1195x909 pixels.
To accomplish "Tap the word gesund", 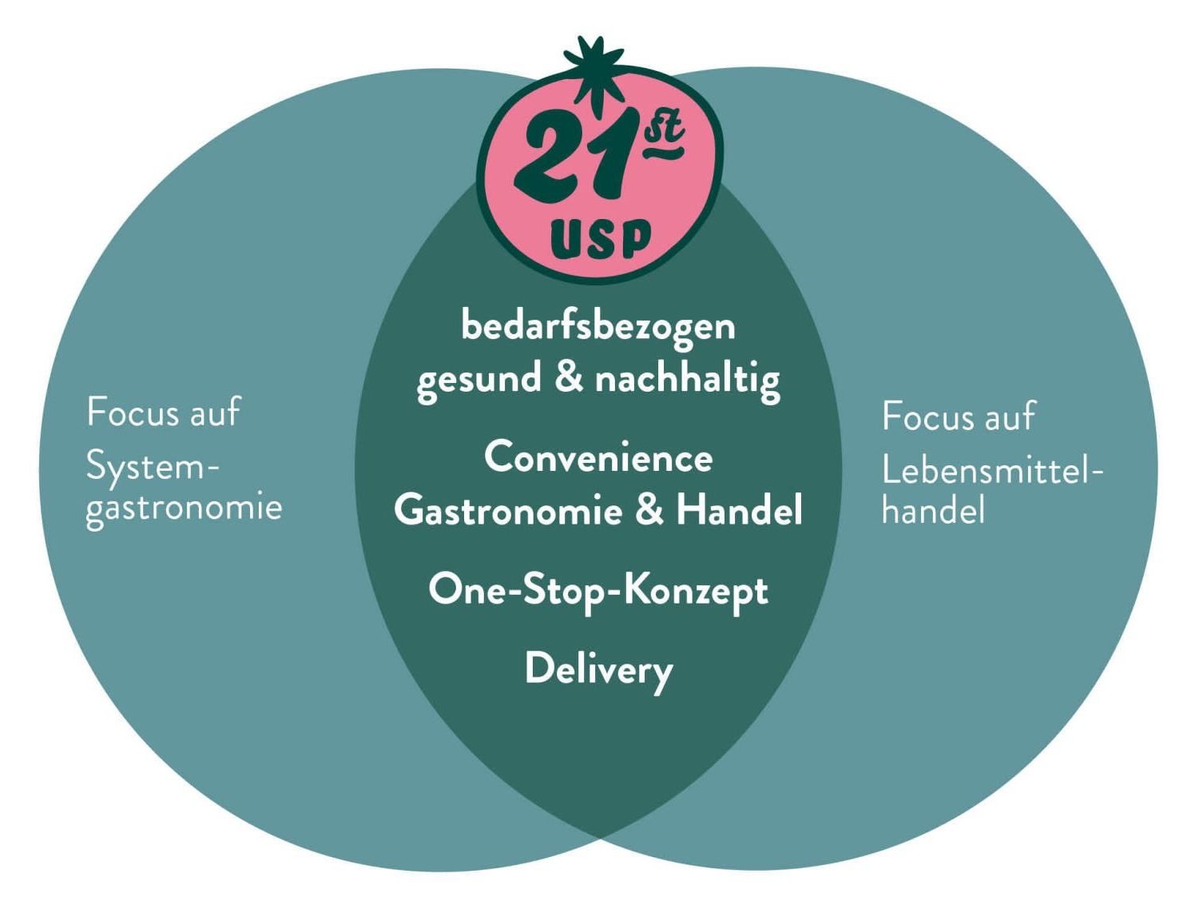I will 478,379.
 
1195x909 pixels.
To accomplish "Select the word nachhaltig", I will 687,379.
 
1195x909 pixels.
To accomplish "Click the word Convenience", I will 598,458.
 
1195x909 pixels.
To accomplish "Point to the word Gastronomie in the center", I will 508,510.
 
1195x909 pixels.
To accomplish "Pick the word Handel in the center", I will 739,510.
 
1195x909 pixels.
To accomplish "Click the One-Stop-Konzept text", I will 598,591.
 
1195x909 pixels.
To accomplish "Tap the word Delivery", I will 598,669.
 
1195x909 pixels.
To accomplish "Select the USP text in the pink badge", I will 601,239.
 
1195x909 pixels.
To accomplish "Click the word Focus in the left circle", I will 131,413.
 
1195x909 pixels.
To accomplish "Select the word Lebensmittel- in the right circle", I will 991,471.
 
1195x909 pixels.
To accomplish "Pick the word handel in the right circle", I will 933,511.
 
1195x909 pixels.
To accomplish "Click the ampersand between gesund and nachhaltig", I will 568,378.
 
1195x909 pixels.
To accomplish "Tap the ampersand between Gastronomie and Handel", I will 649,510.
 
